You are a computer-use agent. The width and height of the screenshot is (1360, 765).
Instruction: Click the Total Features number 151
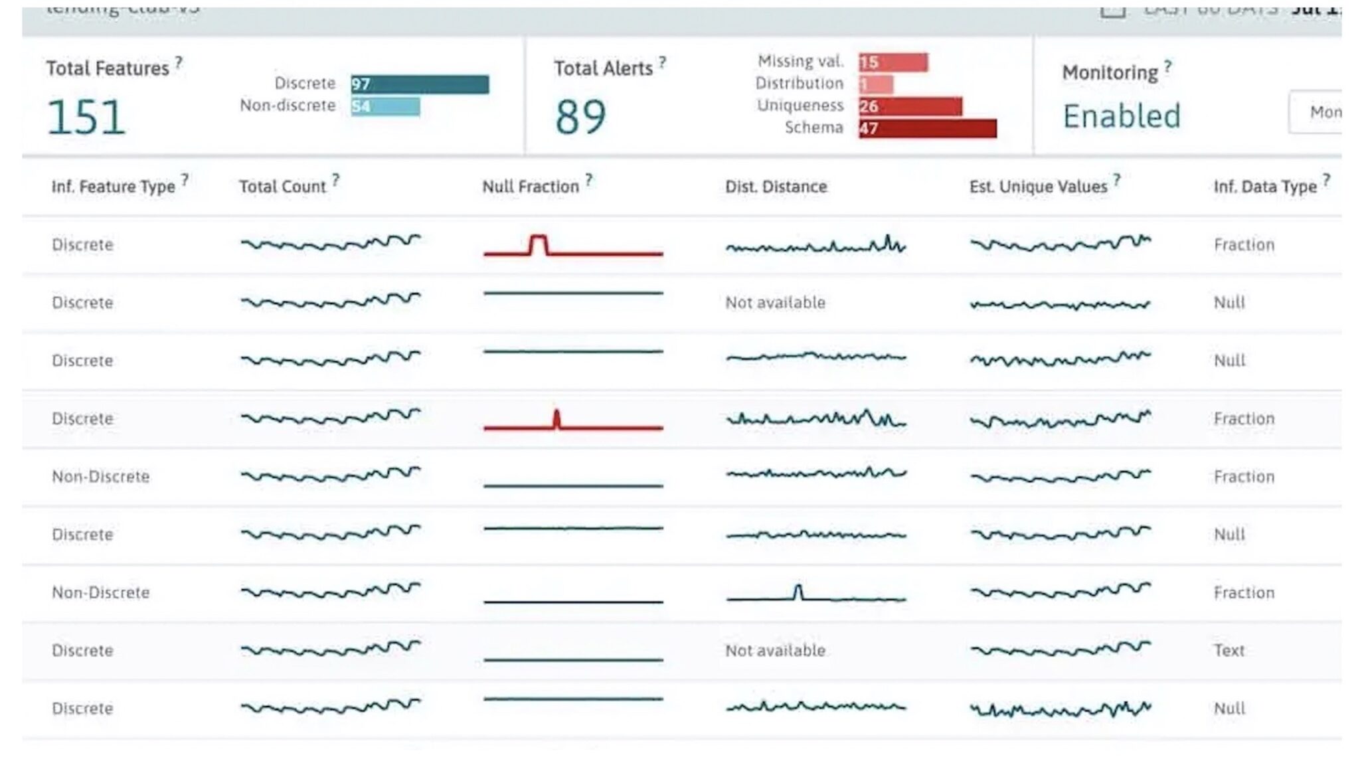(x=86, y=118)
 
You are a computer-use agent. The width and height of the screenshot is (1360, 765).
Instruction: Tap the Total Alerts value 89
(x=580, y=118)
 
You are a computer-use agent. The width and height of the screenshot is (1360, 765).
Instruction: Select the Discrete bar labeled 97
(x=420, y=84)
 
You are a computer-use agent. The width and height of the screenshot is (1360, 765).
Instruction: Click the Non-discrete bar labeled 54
(x=385, y=106)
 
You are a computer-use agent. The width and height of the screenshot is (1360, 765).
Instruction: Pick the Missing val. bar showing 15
(x=893, y=62)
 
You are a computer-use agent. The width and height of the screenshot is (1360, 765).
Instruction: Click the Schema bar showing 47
(x=927, y=128)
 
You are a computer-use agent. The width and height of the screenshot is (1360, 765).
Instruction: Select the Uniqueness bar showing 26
(x=910, y=106)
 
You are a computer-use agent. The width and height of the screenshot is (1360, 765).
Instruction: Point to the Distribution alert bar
(x=875, y=84)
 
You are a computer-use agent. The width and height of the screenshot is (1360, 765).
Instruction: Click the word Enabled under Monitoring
(x=1122, y=116)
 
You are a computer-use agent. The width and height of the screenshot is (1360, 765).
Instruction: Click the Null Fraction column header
(x=531, y=187)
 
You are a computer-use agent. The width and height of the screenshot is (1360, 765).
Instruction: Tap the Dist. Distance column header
(x=776, y=187)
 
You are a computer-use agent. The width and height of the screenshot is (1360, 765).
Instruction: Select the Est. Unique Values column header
(x=1038, y=187)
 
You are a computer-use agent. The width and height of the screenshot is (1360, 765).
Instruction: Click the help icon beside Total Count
(x=336, y=179)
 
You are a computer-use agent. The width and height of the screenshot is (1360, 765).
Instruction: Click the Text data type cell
(x=1229, y=650)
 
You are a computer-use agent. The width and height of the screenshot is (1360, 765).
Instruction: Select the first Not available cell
(x=775, y=303)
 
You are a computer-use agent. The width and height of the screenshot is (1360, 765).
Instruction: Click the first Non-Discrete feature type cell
(x=100, y=477)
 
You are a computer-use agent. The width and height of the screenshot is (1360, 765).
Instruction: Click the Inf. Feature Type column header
(x=113, y=187)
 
